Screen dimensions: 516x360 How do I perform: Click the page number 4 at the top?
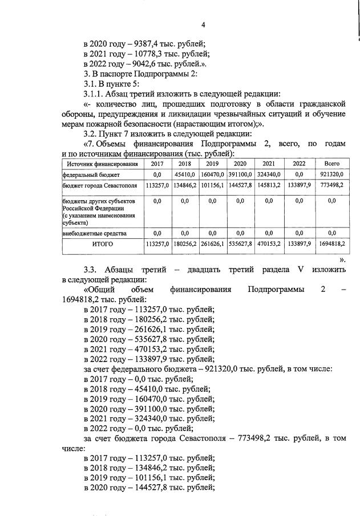[x=203, y=24]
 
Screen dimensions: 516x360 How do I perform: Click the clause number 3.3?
[x=94, y=269]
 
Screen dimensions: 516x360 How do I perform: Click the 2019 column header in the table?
[x=212, y=164]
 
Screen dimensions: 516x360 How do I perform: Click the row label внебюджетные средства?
[x=91, y=233]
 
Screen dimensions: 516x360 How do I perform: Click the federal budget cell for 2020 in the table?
[x=240, y=174]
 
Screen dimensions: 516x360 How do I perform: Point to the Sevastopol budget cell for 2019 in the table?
[x=212, y=186]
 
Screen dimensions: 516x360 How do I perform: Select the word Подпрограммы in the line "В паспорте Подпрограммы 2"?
[x=161, y=74]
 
